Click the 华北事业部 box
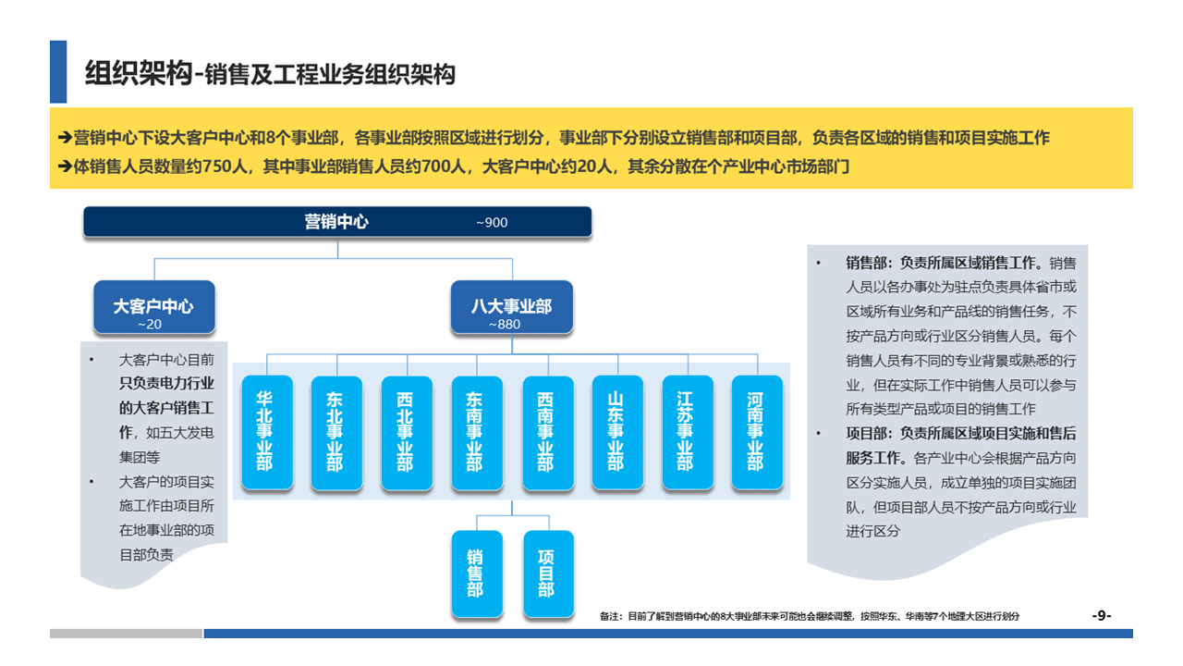pyautogui.click(x=265, y=432)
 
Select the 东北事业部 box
pyautogui.click(x=335, y=432)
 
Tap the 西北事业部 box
pyautogui.click(x=406, y=432)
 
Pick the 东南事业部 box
pyautogui.click(x=476, y=432)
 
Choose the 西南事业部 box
pyautogui.click(x=546, y=432)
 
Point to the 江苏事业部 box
pyautogui.click(x=686, y=432)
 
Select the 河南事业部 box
pyautogui.click(x=756, y=432)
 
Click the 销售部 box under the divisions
pyautogui.click(x=476, y=573)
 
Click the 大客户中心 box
pyautogui.click(x=154, y=306)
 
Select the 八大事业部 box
pyautogui.click(x=511, y=306)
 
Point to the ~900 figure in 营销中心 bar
pyautogui.click(x=492, y=223)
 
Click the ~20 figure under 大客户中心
pyautogui.click(x=149, y=325)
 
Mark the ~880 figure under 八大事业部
pyautogui.click(x=505, y=325)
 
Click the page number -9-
pyautogui.click(x=1102, y=616)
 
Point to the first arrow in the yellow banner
pyautogui.click(x=65, y=138)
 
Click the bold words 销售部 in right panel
pyautogui.click(x=865, y=263)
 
